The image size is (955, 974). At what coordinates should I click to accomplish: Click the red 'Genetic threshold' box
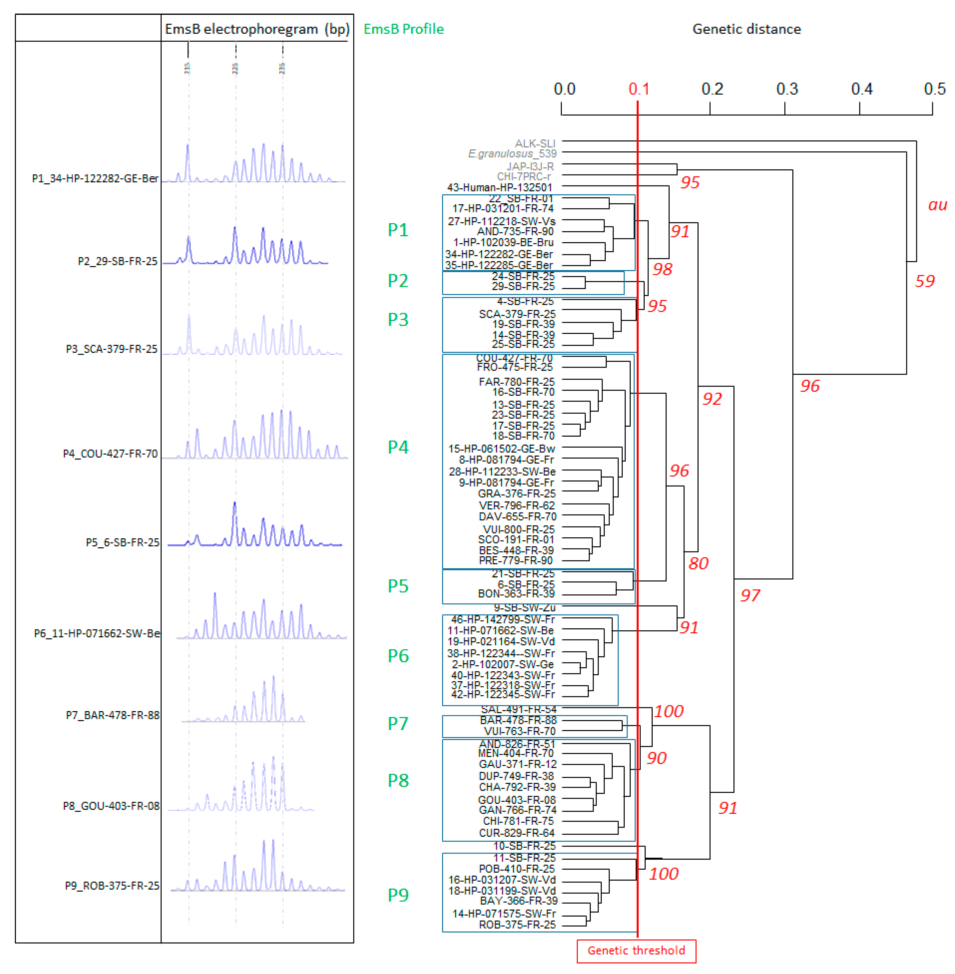(636, 950)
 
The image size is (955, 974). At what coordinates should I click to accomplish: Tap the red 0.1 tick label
(639, 89)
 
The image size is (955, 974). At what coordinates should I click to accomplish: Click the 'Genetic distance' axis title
(746, 29)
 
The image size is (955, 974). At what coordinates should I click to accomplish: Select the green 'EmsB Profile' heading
(403, 29)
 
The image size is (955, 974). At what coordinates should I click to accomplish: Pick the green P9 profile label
(398, 895)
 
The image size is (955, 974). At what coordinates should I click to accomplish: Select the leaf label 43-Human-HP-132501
(500, 188)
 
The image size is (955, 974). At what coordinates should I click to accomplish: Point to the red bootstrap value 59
(924, 281)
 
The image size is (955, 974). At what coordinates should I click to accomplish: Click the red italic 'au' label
(937, 204)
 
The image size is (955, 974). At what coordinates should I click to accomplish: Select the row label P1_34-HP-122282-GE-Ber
(95, 178)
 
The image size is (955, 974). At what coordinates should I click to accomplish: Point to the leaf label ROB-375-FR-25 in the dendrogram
(517, 925)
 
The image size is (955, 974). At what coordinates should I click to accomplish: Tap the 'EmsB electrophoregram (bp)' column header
(257, 29)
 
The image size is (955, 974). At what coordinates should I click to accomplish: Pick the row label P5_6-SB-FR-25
(122, 542)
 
